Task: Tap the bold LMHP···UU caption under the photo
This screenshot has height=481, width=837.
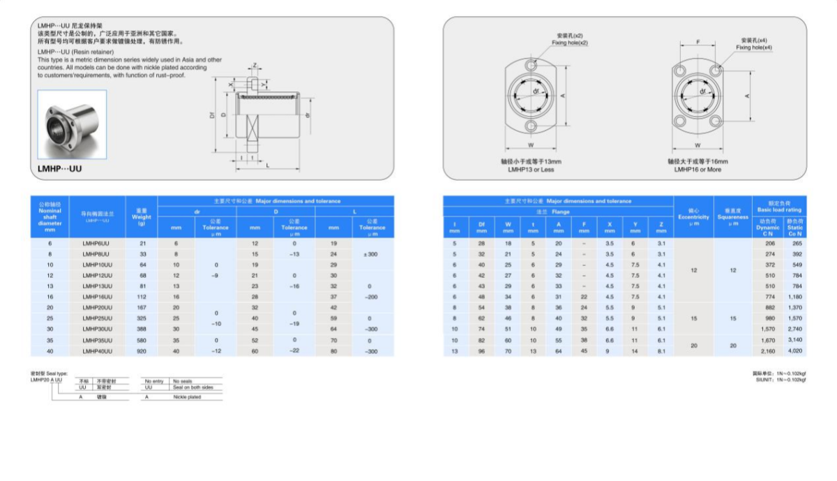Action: coord(60,168)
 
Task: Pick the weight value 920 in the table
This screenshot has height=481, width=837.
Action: coord(142,351)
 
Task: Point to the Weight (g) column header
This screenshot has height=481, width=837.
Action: coord(142,216)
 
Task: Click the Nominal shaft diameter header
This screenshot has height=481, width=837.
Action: coord(50,216)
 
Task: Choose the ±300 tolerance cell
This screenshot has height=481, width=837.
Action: coord(371,254)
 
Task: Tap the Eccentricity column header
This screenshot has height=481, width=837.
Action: coord(693,216)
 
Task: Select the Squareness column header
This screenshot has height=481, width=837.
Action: coord(732,216)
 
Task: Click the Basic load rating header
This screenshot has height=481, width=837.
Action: coord(780,206)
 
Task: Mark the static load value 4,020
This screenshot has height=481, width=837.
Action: coord(795,351)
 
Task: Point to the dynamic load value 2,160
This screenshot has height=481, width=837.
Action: coord(769,351)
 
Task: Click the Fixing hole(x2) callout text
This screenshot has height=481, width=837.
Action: coord(570,43)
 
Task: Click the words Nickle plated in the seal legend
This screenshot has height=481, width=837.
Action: coord(187,397)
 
